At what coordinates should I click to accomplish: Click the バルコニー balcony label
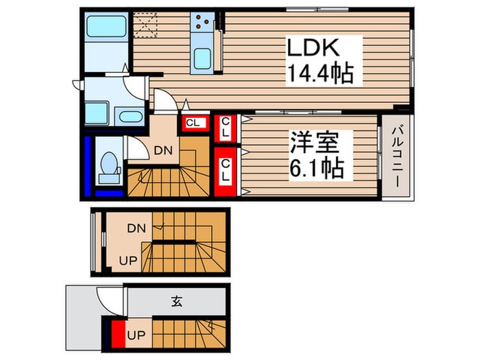click(x=397, y=158)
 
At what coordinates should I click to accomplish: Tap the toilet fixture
click(x=108, y=167)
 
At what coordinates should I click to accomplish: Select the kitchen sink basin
click(x=202, y=58)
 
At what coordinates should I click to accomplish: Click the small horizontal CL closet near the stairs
click(x=194, y=123)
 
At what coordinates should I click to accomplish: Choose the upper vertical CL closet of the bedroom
click(x=225, y=127)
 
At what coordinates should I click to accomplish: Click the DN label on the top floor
click(x=162, y=150)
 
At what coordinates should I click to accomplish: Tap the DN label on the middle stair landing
click(x=136, y=230)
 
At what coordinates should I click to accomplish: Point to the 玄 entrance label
click(x=176, y=301)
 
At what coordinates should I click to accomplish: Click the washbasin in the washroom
click(x=128, y=115)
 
